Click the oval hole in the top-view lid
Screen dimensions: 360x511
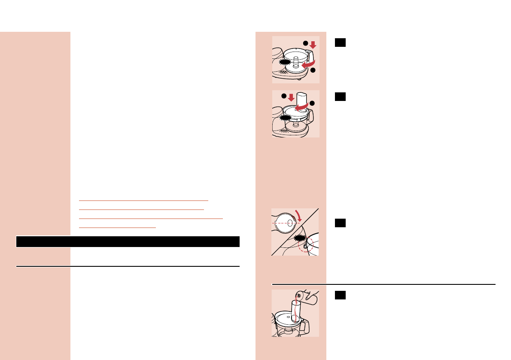tap(290, 223)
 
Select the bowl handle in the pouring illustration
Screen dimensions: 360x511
tap(307, 326)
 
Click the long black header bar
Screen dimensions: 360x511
tap(128, 241)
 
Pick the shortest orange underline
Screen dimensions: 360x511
tap(117, 227)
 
